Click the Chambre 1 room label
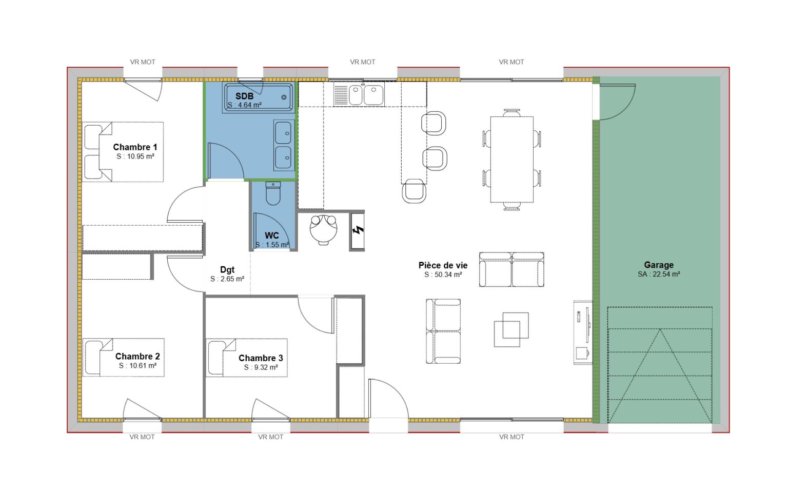pos(135,147)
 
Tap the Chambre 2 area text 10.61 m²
pos(137,366)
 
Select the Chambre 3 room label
pos(261,358)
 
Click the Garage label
pos(659,265)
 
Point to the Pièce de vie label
pos(443,265)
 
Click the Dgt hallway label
pos(227,270)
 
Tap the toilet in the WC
pos(273,193)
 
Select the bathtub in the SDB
pos(259,97)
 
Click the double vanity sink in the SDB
pos(284,145)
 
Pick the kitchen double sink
pos(366,95)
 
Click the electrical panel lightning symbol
pos(358,230)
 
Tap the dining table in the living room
pos(511,160)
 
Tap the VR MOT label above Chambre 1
pos(143,62)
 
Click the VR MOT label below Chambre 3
pos(270,437)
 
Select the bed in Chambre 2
pos(123,358)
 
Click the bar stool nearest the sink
pos(434,123)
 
